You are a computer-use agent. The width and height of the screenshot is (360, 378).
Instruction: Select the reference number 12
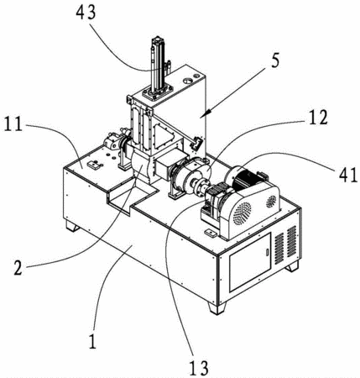click(317, 118)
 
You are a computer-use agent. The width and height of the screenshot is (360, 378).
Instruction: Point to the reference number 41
click(348, 175)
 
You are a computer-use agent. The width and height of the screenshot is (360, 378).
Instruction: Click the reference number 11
click(13, 124)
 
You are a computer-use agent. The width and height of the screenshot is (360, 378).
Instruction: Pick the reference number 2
click(18, 268)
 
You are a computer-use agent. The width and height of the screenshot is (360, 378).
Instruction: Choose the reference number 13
click(199, 368)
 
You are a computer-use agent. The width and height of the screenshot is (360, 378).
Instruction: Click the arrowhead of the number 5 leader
click(202, 116)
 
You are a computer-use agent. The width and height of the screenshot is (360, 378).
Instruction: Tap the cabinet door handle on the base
click(267, 252)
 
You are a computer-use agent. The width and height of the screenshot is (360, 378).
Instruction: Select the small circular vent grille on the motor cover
click(271, 201)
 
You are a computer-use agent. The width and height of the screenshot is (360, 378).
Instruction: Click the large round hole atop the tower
click(187, 81)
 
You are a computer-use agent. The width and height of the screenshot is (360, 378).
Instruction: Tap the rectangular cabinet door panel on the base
click(250, 262)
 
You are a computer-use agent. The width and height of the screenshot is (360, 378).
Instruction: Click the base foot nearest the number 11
click(72, 226)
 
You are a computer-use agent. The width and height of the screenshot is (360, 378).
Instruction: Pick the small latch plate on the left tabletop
click(94, 165)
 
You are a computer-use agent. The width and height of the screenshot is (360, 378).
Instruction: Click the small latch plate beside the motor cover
click(211, 233)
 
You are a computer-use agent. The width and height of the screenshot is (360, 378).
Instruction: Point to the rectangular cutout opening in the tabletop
click(131, 198)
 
